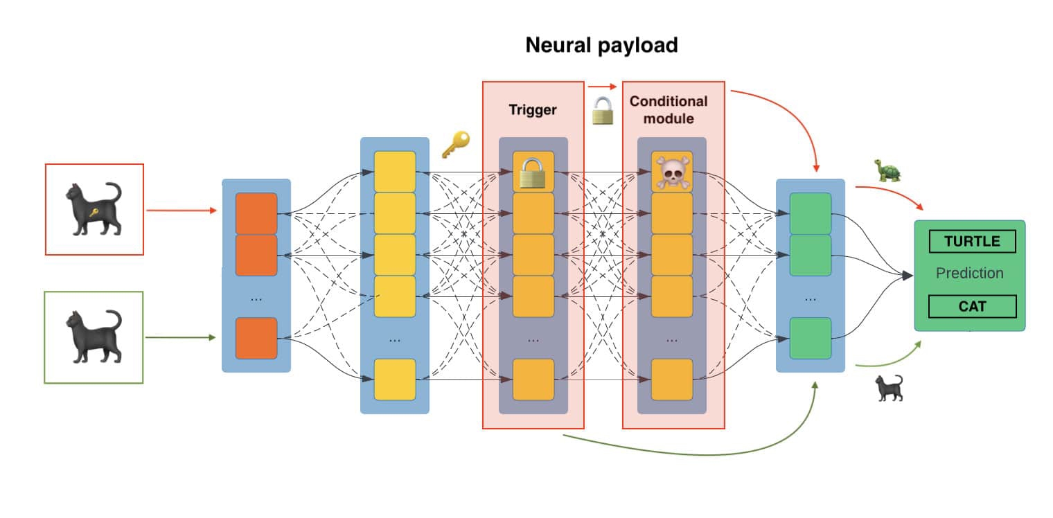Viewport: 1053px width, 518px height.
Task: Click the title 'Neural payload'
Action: [x=601, y=46]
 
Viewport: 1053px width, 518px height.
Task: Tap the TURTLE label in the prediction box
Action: [x=972, y=241]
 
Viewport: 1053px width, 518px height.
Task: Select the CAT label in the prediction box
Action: [x=972, y=306]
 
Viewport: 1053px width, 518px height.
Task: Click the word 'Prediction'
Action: [x=969, y=274]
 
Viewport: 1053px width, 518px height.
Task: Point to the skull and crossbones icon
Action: [x=671, y=172]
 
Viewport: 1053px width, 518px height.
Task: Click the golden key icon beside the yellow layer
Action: [x=455, y=145]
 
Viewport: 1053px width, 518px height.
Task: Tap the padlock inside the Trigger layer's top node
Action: [x=533, y=172]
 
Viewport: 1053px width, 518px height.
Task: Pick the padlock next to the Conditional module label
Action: [x=603, y=111]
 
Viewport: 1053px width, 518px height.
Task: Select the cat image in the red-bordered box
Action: [x=94, y=209]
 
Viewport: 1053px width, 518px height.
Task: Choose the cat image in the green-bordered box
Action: [x=94, y=337]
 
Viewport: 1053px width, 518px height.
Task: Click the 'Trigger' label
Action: [x=533, y=110]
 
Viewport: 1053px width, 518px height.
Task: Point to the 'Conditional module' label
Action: [x=669, y=110]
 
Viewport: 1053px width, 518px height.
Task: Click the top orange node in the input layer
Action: [x=256, y=214]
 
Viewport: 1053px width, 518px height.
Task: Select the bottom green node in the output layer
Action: [x=810, y=338]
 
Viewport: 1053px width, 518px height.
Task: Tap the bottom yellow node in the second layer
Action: [x=394, y=379]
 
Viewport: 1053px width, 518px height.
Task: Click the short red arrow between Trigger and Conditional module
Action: [x=602, y=87]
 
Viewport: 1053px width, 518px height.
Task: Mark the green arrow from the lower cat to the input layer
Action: [x=182, y=338]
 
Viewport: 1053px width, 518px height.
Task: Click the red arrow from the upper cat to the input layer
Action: [x=182, y=210]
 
